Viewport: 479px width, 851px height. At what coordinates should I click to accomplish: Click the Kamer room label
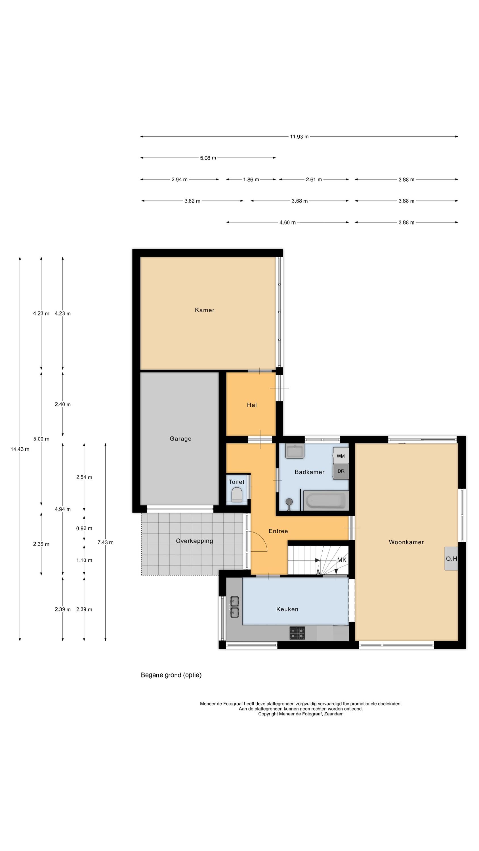pyautogui.click(x=204, y=310)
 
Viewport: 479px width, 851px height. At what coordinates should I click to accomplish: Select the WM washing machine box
pyautogui.click(x=341, y=456)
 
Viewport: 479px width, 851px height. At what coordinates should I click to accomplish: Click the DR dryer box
pyautogui.click(x=341, y=471)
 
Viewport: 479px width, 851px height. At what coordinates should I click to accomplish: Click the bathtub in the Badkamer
pyautogui.click(x=325, y=500)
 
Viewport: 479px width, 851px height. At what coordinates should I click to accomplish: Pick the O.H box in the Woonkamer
pyautogui.click(x=451, y=558)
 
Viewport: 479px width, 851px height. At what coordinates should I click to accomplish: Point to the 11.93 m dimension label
pyautogui.click(x=299, y=137)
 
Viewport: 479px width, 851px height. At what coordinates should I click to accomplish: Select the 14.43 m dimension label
pyautogui.click(x=20, y=449)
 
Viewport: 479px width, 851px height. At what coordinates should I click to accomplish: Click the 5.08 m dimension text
pyautogui.click(x=208, y=158)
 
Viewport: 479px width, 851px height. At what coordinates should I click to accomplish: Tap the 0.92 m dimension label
pyautogui.click(x=84, y=528)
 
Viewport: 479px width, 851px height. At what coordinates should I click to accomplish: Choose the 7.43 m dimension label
pyautogui.click(x=106, y=542)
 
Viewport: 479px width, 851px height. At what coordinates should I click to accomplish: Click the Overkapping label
pyautogui.click(x=194, y=541)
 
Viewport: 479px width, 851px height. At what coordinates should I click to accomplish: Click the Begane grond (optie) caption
pyautogui.click(x=171, y=675)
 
